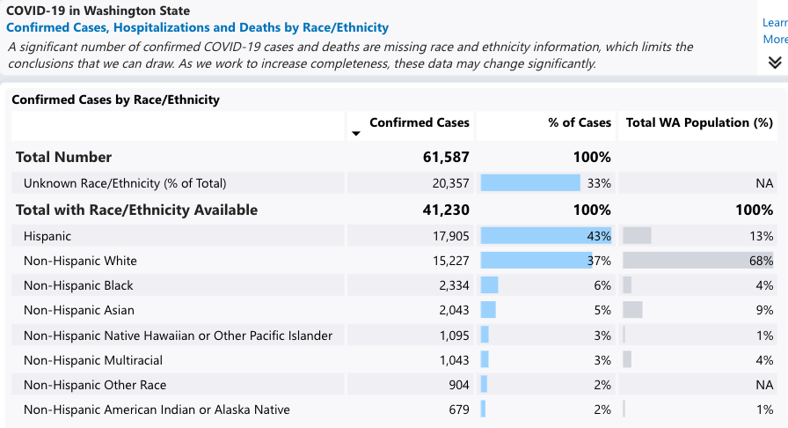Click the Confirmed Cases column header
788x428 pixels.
tap(419, 122)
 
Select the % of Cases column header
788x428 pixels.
tap(579, 122)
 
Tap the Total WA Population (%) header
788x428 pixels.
tap(699, 122)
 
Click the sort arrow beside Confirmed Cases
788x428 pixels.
tap(356, 134)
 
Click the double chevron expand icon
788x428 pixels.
tap(775, 62)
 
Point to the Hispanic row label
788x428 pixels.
tap(47, 236)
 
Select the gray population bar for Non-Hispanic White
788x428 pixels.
tap(686, 261)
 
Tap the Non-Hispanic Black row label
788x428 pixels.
tap(80, 285)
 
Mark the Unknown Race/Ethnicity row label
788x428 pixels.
tap(125, 183)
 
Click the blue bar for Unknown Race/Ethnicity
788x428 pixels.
tap(530, 183)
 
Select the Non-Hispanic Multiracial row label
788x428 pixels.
tap(93, 360)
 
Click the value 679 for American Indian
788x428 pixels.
tap(458, 410)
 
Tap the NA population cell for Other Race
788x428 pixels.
tap(764, 385)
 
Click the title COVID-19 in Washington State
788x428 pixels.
tap(98, 11)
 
